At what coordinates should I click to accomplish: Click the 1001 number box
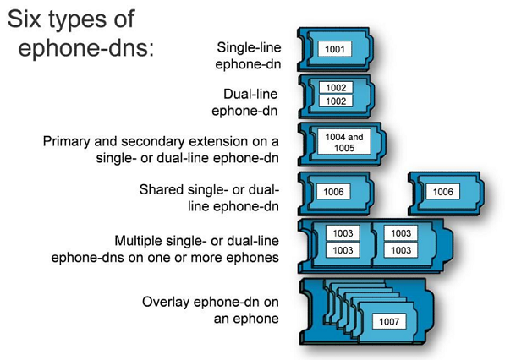click(x=335, y=49)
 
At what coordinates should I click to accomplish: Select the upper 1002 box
click(x=336, y=88)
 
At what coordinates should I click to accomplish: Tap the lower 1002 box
click(x=336, y=101)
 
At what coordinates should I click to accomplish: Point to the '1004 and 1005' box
click(x=344, y=142)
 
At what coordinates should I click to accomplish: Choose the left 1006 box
click(x=333, y=192)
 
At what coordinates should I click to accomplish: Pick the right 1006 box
click(x=443, y=192)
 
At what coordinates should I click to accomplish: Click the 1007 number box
click(x=389, y=321)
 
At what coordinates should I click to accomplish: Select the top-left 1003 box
click(x=343, y=233)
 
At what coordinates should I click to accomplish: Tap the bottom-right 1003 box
click(x=401, y=250)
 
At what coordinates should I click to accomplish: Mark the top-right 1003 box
click(x=401, y=233)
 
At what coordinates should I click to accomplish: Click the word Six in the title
click(x=25, y=19)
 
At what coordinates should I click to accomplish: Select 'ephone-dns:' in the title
click(x=86, y=48)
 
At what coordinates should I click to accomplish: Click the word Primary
click(x=66, y=142)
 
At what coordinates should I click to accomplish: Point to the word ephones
click(x=256, y=258)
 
